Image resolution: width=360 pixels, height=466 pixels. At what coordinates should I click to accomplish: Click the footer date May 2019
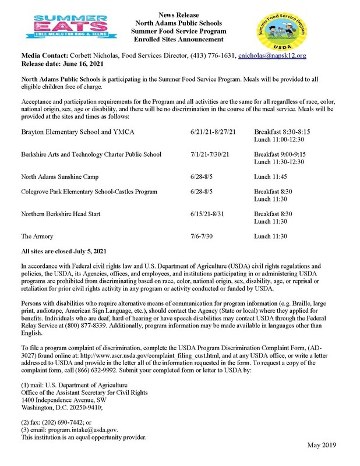(x=324, y=446)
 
